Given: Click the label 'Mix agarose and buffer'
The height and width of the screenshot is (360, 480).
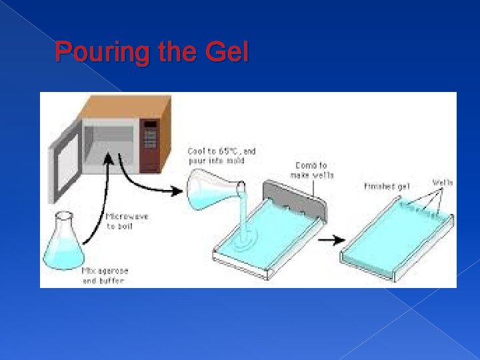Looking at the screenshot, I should [x=105, y=275].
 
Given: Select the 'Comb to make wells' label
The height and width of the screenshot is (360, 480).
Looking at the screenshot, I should [x=311, y=170].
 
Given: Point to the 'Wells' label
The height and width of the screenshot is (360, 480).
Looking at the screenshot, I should [x=443, y=182].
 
